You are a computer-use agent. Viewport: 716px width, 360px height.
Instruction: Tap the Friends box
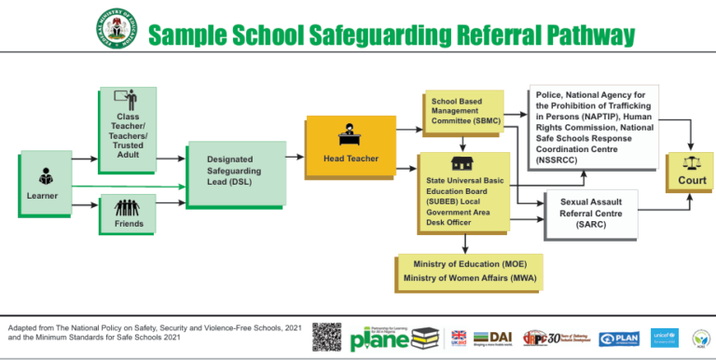129,215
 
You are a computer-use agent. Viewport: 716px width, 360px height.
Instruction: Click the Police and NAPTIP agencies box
594,127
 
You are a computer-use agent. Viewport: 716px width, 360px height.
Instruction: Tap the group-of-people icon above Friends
129,206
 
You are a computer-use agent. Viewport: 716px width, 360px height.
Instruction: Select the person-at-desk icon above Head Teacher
351,132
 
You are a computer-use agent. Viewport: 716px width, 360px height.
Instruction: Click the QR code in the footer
326,337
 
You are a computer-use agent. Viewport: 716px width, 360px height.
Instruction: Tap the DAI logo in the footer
494,338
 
